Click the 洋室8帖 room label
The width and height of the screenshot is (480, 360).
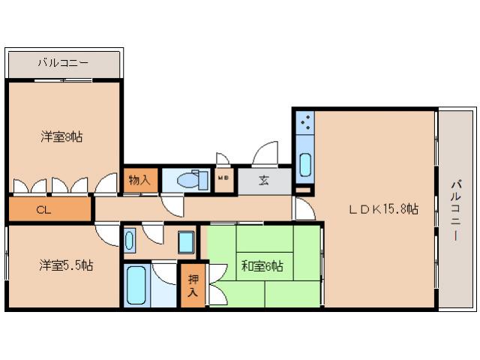[61, 136]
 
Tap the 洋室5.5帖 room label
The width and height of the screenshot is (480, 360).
[66, 265]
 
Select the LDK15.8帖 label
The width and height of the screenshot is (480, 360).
[384, 209]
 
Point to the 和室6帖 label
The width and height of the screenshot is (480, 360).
[262, 266]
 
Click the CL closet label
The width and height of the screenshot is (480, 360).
[43, 210]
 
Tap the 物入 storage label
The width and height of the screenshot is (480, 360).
[139, 180]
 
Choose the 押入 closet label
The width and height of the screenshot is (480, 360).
[193, 285]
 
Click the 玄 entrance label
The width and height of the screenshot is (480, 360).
[263, 180]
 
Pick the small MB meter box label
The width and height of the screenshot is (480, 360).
[223, 177]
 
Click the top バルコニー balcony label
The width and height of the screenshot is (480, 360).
[63, 63]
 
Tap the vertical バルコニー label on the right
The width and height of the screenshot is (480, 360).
[457, 211]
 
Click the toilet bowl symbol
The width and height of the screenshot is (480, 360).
[188, 180]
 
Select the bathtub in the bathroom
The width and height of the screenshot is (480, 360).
[136, 285]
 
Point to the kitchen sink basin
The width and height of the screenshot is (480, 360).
[305, 165]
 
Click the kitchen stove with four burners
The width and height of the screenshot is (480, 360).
[305, 122]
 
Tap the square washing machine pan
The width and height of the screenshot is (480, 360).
[186, 241]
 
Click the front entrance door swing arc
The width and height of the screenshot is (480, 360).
[265, 153]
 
